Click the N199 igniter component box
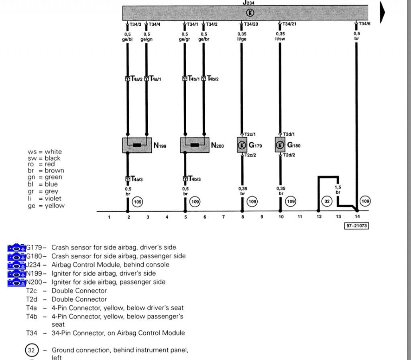pos(137,145)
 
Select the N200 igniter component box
pos(195,145)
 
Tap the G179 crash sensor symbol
pos(242,145)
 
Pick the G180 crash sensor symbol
pos(280,145)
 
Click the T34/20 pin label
pos(250,24)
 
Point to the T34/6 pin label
pos(364,24)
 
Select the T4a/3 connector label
pos(136,179)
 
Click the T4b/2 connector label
pos(212,79)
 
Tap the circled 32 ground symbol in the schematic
pos(328,201)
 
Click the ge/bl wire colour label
pos(128,39)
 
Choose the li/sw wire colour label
pos(280,39)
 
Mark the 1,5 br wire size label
pos(338,190)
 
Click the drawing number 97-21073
pos(356,226)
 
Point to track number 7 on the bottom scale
pos(224,217)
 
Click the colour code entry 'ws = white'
pos(45,152)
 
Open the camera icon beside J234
pos(16,265)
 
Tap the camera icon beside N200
pos(16,282)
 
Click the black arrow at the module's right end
pos(383,13)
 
